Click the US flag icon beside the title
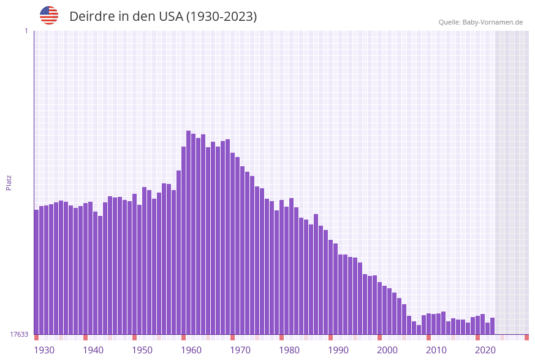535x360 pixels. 49,15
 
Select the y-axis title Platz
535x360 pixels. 9,182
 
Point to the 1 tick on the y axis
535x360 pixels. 26,31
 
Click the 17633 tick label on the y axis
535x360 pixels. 19,334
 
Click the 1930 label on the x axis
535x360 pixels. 44,350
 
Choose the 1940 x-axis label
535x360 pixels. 93,350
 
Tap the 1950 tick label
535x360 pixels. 142,350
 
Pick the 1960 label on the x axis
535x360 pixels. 191,350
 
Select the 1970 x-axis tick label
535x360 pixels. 240,350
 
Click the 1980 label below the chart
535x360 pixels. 289,350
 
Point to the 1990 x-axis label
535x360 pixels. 338,350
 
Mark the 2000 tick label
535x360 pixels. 387,350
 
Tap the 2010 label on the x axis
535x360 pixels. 436,350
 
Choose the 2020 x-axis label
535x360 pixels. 485,350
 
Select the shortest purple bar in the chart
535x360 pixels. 419,330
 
